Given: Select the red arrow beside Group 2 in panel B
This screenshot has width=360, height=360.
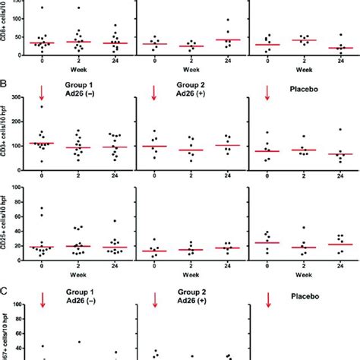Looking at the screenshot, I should tap(154, 92).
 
